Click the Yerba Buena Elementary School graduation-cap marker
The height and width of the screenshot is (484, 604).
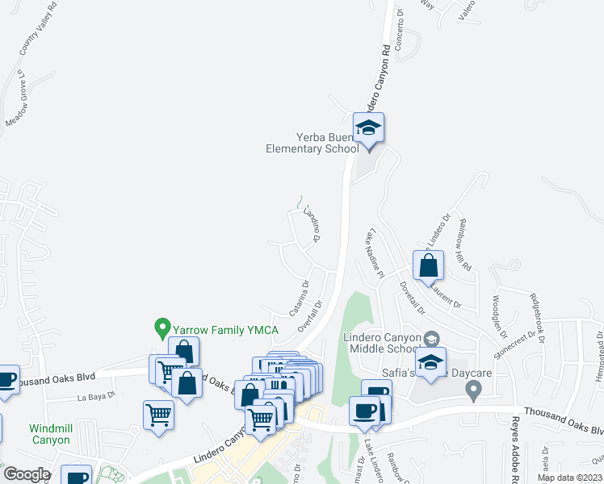click(369, 129)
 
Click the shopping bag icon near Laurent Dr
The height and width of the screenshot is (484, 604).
click(429, 265)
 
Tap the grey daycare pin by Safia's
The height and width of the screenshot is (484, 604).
click(474, 390)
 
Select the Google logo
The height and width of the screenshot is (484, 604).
click(27, 474)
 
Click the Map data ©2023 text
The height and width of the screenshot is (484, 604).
click(568, 478)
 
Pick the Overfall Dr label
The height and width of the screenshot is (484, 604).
click(310, 315)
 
